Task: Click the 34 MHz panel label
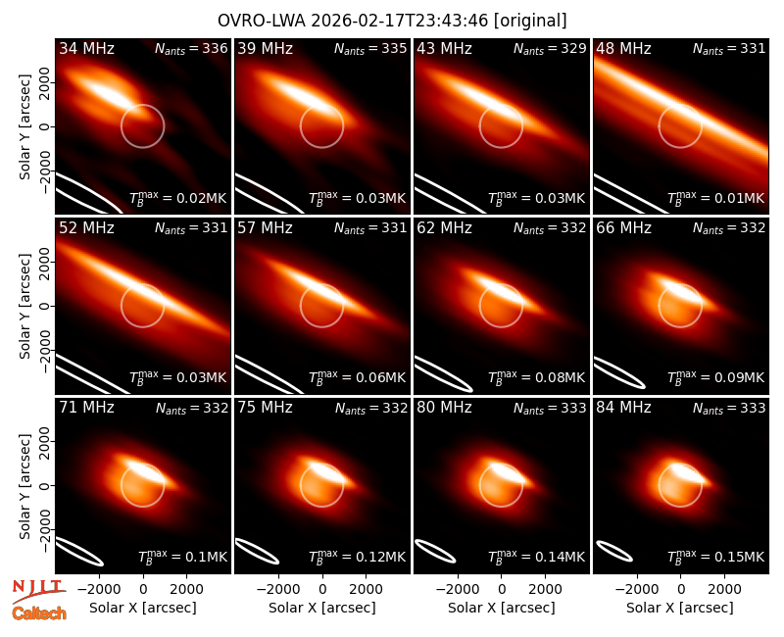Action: (x=86, y=48)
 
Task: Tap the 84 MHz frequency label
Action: (x=623, y=408)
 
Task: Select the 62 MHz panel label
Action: (x=444, y=228)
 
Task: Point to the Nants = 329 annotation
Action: (x=550, y=49)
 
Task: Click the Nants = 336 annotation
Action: (x=191, y=49)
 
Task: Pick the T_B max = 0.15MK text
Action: (x=716, y=557)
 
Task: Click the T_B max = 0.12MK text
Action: (x=357, y=557)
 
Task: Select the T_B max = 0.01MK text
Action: (x=716, y=199)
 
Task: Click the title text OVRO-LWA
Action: (x=262, y=21)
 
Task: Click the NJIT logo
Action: (x=38, y=590)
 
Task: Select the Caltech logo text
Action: (x=39, y=613)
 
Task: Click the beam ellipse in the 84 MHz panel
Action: (x=614, y=551)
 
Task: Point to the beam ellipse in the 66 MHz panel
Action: (x=619, y=372)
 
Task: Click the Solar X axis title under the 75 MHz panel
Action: (x=322, y=608)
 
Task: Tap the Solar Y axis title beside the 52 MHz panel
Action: (x=24, y=306)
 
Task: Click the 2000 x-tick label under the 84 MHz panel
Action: (x=724, y=589)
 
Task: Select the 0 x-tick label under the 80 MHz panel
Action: (x=502, y=589)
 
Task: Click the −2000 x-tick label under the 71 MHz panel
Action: (x=100, y=589)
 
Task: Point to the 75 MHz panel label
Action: (x=265, y=408)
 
